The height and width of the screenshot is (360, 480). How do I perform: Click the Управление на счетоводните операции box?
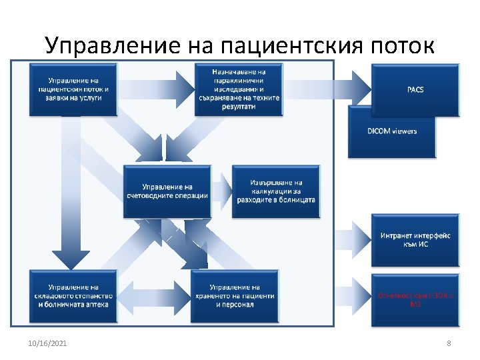[167, 191]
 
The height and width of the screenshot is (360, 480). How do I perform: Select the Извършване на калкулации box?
[275, 191]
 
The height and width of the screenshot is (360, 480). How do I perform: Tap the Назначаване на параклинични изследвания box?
[238, 89]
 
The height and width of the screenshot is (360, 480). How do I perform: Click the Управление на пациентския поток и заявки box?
[73, 89]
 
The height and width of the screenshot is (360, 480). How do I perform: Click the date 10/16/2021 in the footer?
[47, 343]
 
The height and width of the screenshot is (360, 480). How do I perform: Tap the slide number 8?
[449, 343]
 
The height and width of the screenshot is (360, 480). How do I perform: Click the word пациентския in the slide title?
[289, 45]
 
